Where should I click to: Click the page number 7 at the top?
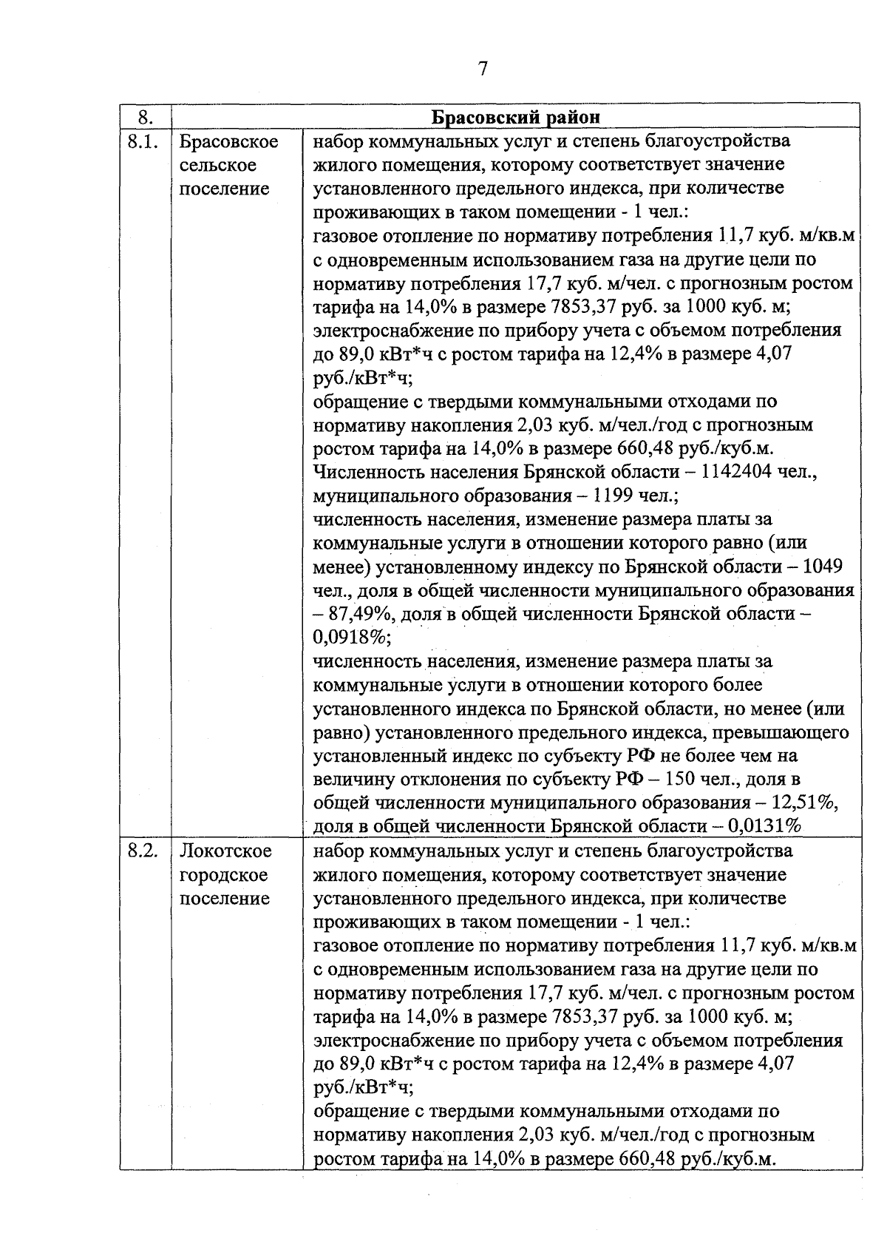pyautogui.click(x=483, y=70)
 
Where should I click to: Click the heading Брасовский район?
pyautogui.click(x=515, y=118)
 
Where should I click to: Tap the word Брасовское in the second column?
pyautogui.click(x=229, y=141)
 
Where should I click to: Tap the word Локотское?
pyautogui.click(x=226, y=851)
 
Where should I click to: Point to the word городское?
pyautogui.click(x=224, y=875)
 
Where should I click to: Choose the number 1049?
pyautogui.click(x=822, y=567)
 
